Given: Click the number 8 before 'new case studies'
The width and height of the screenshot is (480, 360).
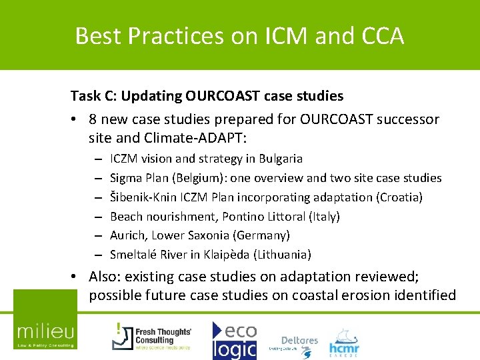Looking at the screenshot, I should point(93,119).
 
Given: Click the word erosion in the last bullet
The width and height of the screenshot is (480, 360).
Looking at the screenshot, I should point(361,295).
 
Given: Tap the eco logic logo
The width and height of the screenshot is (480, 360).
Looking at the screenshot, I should point(234,340).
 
